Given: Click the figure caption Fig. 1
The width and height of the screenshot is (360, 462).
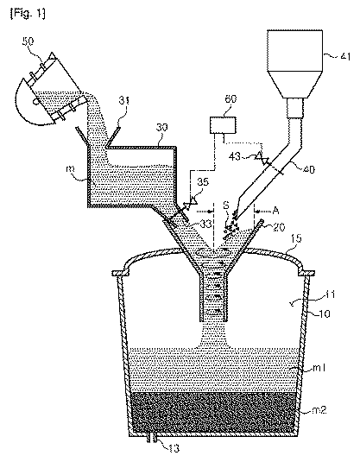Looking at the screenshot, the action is click(x=28, y=14).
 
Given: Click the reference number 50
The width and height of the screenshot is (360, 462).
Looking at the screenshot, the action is click(x=28, y=41).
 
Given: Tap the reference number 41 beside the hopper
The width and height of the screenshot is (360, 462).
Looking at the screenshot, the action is click(x=345, y=55).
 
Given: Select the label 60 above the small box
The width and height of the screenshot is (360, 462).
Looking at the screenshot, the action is click(x=231, y=99).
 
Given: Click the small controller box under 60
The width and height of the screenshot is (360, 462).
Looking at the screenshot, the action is click(x=223, y=125).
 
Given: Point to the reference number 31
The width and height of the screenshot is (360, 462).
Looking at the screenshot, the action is click(x=124, y=101).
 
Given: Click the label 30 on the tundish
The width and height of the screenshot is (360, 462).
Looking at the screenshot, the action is click(x=161, y=127).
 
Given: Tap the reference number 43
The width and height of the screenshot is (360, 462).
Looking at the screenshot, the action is click(x=235, y=156).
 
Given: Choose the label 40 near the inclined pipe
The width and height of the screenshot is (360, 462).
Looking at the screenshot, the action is click(x=308, y=169).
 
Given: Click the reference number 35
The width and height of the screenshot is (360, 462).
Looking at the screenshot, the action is click(x=202, y=182).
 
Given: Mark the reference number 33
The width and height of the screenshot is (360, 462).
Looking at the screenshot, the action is click(x=205, y=225).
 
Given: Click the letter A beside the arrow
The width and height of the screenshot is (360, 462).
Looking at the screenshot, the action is click(x=275, y=211).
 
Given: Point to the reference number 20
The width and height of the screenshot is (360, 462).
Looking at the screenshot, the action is click(x=278, y=226).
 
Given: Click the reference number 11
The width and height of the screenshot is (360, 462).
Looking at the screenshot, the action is click(x=330, y=294).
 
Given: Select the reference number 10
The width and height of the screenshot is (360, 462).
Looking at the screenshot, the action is click(x=325, y=314).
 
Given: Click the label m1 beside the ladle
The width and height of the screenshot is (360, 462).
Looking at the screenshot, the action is click(x=319, y=368).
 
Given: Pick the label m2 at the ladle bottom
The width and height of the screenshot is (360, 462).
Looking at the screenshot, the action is click(x=319, y=409).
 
